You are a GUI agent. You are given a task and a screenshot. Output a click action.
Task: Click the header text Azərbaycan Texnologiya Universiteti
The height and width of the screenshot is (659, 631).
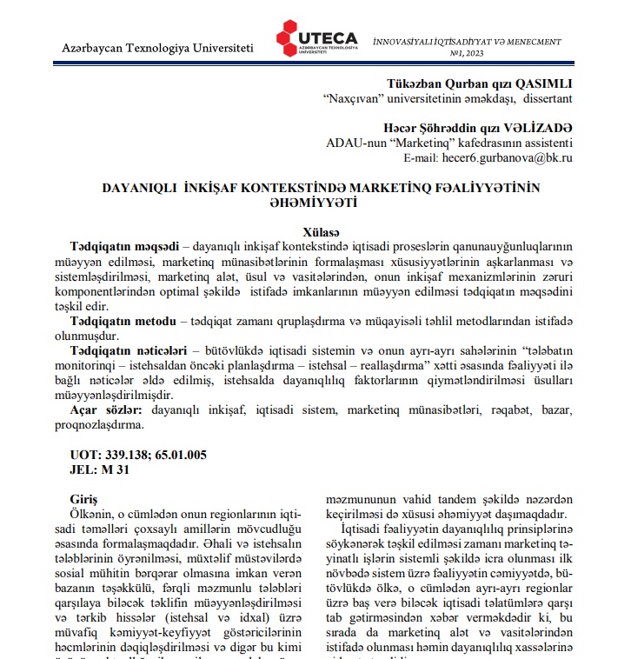click(x=158, y=46)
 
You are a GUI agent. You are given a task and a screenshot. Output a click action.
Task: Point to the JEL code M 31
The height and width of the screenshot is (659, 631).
click(x=119, y=469)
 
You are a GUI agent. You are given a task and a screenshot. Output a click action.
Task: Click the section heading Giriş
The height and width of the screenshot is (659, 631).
click(x=84, y=500)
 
